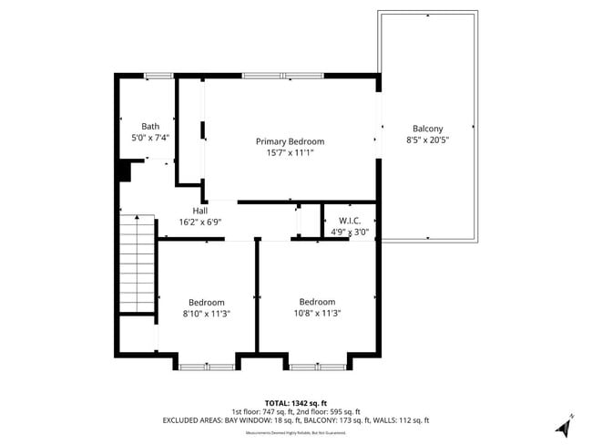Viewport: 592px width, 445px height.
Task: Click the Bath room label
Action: (x=150, y=126)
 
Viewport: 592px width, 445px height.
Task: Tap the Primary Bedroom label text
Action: (x=290, y=141)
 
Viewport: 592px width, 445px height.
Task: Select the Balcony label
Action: (x=428, y=129)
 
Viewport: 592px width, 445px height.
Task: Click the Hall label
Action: (x=199, y=211)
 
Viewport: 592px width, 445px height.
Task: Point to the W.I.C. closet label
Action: (x=350, y=220)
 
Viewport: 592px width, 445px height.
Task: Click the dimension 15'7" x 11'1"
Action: (x=290, y=153)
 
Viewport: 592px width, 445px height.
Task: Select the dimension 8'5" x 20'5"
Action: (x=428, y=140)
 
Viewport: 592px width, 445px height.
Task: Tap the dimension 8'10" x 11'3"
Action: (x=207, y=314)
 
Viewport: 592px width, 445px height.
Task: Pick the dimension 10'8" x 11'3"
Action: (x=317, y=313)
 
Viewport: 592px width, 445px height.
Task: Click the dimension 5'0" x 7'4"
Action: (x=150, y=138)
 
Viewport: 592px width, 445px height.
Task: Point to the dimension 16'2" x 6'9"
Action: (x=199, y=222)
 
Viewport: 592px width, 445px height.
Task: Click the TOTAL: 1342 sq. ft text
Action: (x=295, y=402)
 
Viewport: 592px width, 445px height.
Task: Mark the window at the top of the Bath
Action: (x=158, y=76)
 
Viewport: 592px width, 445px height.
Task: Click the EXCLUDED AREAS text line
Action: (x=295, y=420)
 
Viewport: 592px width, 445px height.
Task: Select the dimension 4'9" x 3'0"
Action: (x=350, y=232)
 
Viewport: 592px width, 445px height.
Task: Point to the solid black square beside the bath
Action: (x=124, y=171)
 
